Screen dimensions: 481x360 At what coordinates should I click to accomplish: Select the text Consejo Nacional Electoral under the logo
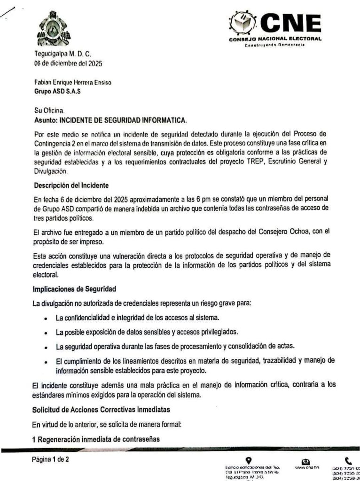[x=275, y=39]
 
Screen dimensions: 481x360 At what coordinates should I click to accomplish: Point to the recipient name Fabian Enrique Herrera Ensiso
[x=73, y=83]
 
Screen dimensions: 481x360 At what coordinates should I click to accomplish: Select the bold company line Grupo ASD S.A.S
[x=57, y=91]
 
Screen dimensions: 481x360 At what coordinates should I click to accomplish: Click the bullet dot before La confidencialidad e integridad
[x=45, y=319]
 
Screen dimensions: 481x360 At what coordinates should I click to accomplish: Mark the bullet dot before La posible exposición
[x=45, y=333]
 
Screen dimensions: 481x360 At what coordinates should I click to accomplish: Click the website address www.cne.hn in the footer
[x=307, y=468]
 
